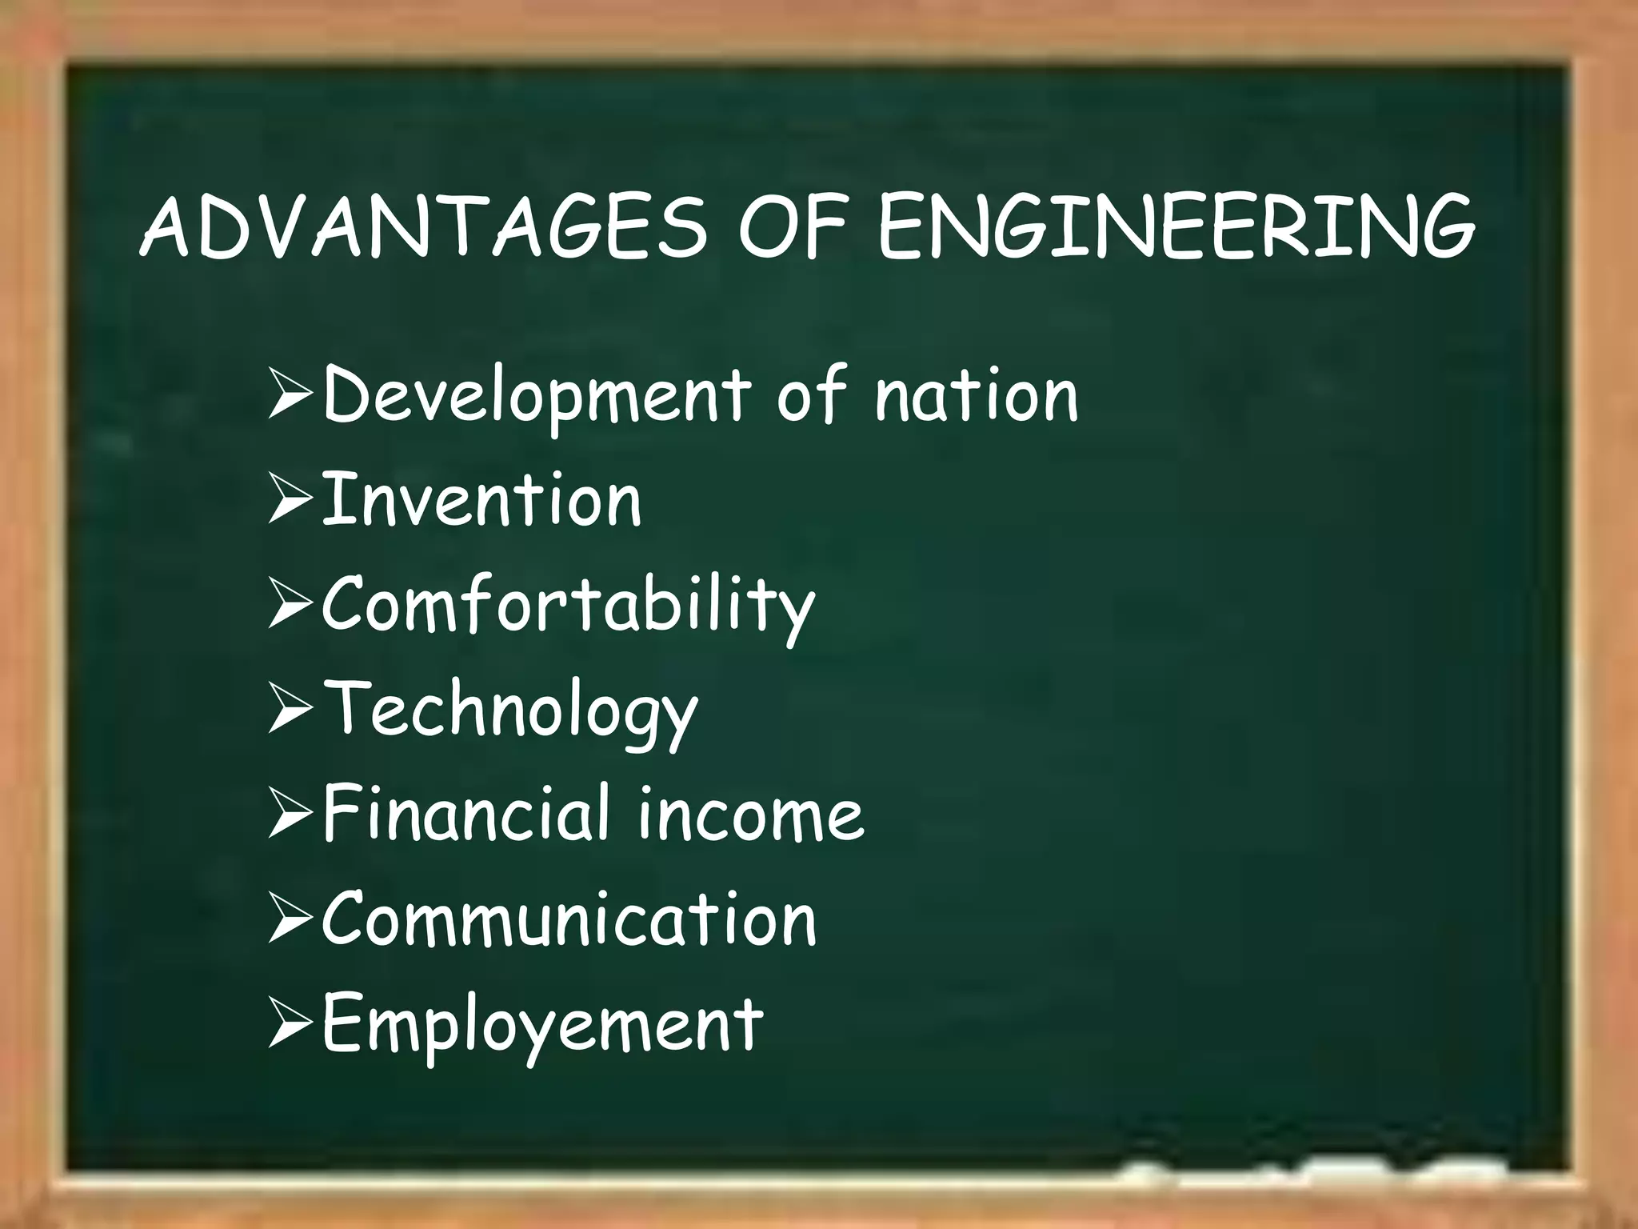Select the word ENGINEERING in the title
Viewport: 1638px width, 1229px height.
click(1176, 227)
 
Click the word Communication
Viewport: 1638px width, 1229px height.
click(569, 919)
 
